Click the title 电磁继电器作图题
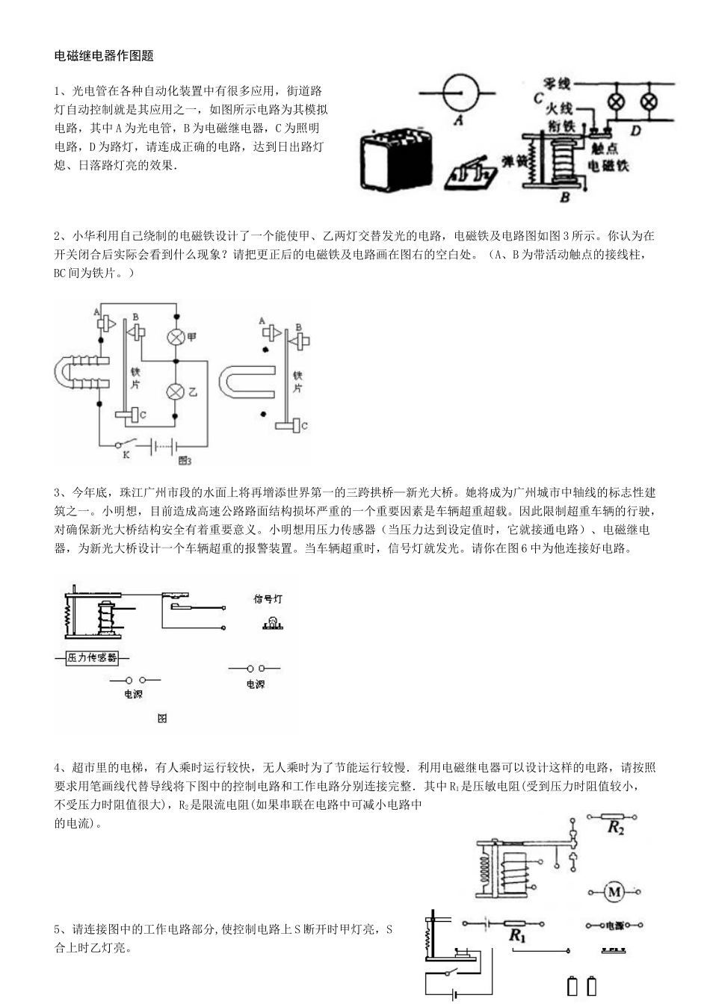[x=104, y=56]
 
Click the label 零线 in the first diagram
[x=558, y=84]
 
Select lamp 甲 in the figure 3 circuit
[x=176, y=337]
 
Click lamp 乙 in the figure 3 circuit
[x=176, y=391]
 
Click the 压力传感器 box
[x=92, y=657]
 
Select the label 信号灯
[x=267, y=600]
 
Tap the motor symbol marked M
[x=614, y=891]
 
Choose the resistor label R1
[x=516, y=935]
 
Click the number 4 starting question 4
[x=58, y=767]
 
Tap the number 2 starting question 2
[x=58, y=235]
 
